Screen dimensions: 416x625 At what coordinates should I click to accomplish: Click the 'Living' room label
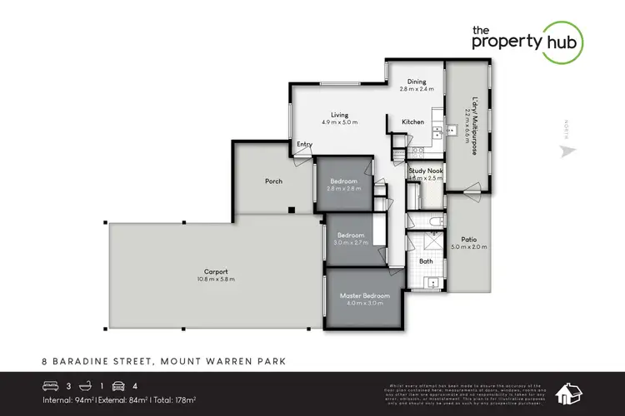coord(338,115)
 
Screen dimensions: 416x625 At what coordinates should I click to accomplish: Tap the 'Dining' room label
coord(417,82)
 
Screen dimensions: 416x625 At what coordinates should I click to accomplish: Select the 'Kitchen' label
coord(413,122)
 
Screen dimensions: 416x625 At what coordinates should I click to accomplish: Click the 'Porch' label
coord(273,181)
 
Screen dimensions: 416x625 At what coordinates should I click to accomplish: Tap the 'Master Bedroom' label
coord(361,295)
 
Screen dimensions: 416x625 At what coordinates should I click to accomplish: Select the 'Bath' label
coord(426,261)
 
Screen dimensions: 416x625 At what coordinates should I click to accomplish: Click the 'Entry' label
coord(305,145)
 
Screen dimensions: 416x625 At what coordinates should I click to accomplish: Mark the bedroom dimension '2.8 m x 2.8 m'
coord(343,189)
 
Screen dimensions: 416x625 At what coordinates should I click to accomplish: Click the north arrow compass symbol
coord(568,151)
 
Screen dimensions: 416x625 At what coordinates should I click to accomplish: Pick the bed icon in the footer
coord(50,384)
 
